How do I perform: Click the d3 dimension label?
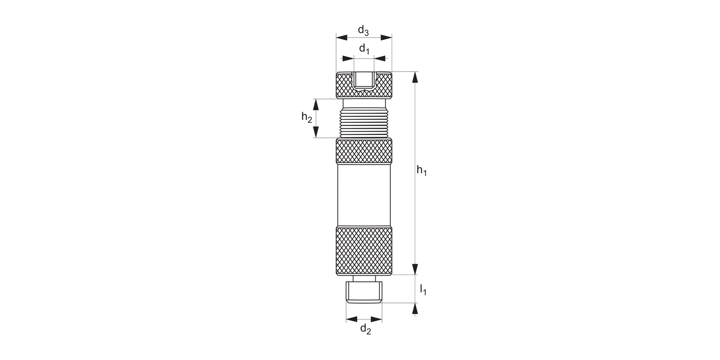(363, 31)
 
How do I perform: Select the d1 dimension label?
(364, 49)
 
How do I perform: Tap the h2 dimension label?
(307, 117)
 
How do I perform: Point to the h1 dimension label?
(421, 170)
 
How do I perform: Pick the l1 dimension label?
(423, 290)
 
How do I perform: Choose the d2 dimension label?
(365, 329)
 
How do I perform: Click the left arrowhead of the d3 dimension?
(342, 37)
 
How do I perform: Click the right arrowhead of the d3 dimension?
(386, 37)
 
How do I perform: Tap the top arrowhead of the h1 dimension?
(415, 77)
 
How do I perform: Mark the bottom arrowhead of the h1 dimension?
(415, 269)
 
